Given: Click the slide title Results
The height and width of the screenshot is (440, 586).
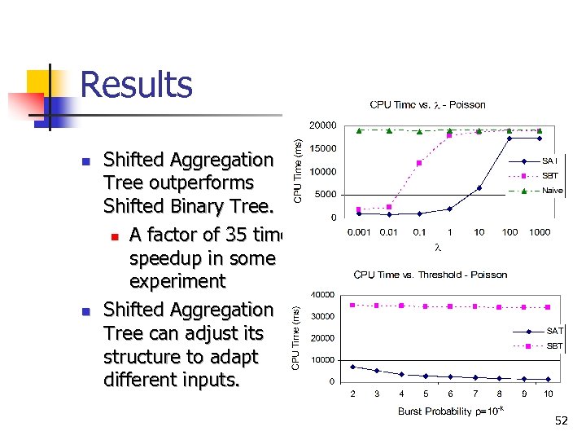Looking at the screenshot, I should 136,86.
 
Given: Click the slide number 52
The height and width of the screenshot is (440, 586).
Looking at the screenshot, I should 562,420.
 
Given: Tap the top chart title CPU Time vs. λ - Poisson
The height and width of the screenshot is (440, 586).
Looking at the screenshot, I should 427,104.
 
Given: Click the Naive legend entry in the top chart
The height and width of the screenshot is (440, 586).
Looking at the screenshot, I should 552,191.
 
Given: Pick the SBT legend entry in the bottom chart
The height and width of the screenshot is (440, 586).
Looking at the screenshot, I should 553,345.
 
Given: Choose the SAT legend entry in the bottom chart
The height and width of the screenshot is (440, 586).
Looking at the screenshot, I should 553,330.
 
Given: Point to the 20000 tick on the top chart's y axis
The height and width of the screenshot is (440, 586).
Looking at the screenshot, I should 322,125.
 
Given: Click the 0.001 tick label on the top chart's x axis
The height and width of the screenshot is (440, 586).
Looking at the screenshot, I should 360,232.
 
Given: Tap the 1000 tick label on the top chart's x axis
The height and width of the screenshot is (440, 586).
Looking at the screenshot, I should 540,232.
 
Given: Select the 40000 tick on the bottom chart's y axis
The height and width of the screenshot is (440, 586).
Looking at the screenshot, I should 322,294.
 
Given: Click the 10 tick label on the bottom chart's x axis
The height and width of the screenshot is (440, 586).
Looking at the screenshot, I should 549,394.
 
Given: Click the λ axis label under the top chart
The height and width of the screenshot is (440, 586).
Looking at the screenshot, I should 438,246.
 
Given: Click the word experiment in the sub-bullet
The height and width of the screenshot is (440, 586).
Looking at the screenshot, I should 177,281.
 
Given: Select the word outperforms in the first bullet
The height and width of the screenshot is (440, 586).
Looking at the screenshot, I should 178,183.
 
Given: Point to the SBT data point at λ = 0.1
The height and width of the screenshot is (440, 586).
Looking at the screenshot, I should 419,163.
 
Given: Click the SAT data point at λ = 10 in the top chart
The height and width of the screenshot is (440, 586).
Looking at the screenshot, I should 479,188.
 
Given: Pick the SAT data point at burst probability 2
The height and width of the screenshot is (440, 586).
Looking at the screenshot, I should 352,367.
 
